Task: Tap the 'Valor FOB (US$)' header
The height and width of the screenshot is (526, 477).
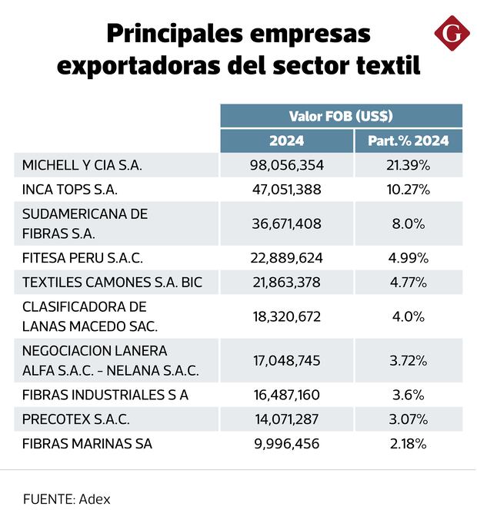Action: click(x=341, y=117)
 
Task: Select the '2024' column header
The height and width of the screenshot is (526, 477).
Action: click(x=286, y=141)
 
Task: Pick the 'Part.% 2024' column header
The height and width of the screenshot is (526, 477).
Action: click(x=408, y=141)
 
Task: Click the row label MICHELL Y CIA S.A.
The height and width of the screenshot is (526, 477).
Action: click(x=82, y=166)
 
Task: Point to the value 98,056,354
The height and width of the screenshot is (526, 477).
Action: click(x=287, y=166)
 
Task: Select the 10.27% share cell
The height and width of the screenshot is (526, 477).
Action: click(x=408, y=190)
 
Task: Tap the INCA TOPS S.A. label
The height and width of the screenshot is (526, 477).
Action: click(x=70, y=190)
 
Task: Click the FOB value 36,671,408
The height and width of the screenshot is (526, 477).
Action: click(x=287, y=223)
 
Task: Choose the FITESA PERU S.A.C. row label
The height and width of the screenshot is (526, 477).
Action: click(x=83, y=257)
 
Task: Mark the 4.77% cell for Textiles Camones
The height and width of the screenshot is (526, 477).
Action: click(x=408, y=282)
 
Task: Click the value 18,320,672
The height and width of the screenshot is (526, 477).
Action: click(x=287, y=316)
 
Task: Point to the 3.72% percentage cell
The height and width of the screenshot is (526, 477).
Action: click(x=408, y=360)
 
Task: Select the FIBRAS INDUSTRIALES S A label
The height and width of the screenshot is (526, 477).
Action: click(x=105, y=395)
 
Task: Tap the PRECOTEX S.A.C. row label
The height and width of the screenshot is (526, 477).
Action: click(x=76, y=419)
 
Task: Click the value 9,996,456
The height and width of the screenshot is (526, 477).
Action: click(x=287, y=444)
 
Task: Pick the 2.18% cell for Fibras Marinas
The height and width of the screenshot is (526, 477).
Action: click(x=408, y=444)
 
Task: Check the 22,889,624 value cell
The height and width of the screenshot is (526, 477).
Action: click(x=287, y=257)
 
